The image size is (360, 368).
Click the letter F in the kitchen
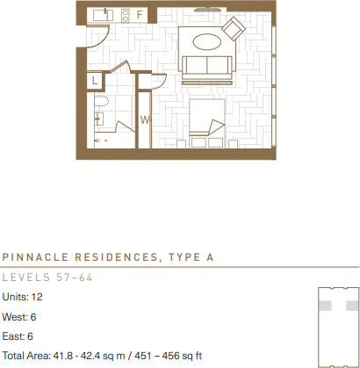[x=139, y=15]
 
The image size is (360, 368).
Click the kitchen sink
[x=104, y=15]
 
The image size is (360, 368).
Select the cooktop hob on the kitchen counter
[x=125, y=15]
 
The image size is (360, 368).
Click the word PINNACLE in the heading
[x=34, y=258]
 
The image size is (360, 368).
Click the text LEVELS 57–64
[x=47, y=278]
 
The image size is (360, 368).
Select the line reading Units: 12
[x=23, y=297]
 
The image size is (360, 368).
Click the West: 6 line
[x=19, y=316]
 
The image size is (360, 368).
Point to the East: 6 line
[x=18, y=336]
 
